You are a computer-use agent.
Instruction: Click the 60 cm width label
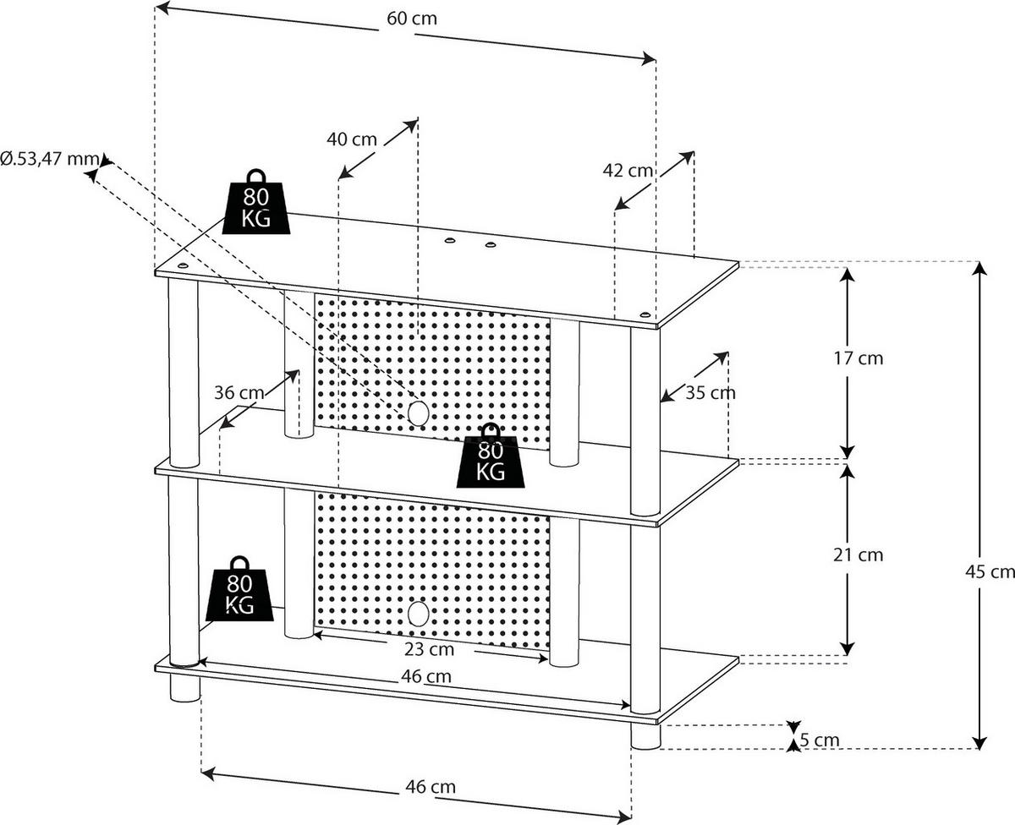coord(413,19)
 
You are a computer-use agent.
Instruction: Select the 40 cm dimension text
coord(352,139)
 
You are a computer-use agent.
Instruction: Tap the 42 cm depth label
coord(628,170)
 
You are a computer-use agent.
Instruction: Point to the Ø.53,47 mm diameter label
coord(49,158)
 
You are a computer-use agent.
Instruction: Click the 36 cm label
coord(239,392)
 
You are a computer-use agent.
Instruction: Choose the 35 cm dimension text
coord(710,392)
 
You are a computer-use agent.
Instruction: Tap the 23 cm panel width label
coord(429,649)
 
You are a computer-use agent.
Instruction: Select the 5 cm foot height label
coord(819,740)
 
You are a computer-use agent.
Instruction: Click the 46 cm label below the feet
coord(430,786)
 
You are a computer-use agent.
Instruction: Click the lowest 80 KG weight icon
coord(241,589)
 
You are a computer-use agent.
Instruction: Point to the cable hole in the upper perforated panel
coord(415,412)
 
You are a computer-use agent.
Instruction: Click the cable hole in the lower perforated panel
coord(415,613)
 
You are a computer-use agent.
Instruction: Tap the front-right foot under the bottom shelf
coord(645,736)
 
